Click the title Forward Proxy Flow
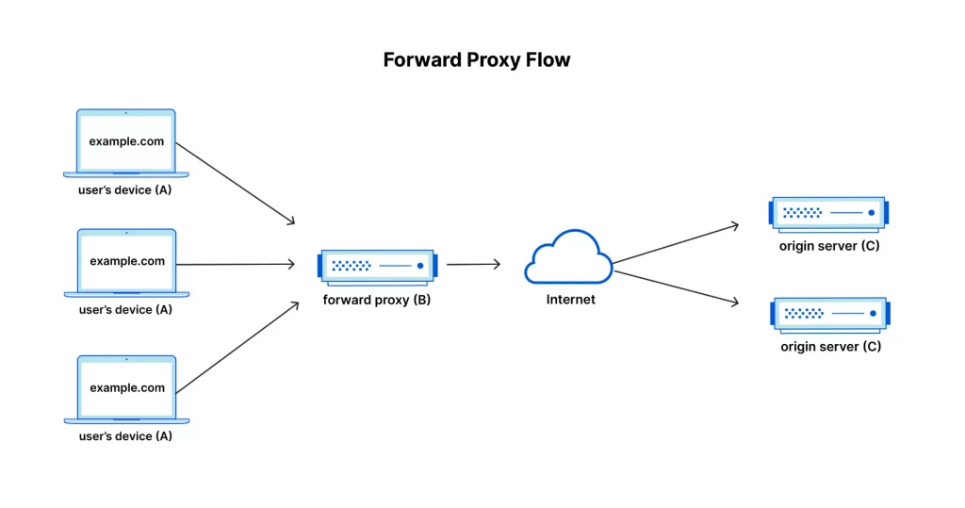[476, 59]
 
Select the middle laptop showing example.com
[127, 263]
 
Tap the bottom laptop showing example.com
[127, 389]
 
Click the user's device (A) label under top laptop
[125, 189]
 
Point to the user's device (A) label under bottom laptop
[125, 436]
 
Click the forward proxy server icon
[377, 268]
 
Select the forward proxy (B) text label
[377, 300]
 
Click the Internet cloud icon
[568, 256]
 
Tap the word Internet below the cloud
[570, 300]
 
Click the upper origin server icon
[828, 214]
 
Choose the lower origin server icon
[830, 316]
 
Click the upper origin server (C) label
[829, 246]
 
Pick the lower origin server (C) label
[831, 346]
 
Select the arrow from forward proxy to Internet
[473, 264]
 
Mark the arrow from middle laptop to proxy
[236, 264]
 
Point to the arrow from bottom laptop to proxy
[237, 347]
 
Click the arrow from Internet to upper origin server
[676, 244]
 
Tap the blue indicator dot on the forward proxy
[420, 266]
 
